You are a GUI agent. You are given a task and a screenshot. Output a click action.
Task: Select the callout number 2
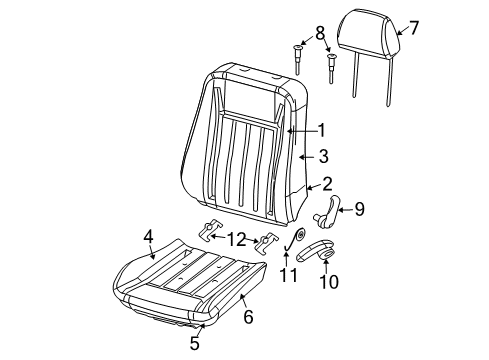(326, 184)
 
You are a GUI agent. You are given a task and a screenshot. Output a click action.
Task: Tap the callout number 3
(323, 156)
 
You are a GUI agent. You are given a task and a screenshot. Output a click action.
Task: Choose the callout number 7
(414, 28)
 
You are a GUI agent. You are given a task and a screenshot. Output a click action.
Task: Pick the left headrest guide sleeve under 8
(297, 56)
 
